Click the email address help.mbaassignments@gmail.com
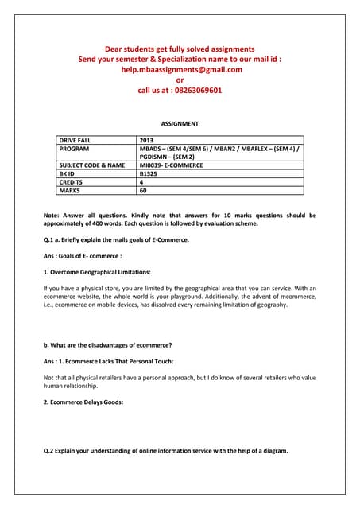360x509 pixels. click(180, 69)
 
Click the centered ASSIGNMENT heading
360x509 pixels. click(180, 124)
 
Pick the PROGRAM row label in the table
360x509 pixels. click(75, 149)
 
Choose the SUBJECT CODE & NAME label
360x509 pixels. click(92, 165)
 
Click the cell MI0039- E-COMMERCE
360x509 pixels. click(171, 165)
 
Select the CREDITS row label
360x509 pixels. click(72, 182)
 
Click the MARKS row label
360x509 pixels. click(69, 190)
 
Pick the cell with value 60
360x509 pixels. click(143, 190)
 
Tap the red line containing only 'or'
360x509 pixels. click(180, 80)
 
